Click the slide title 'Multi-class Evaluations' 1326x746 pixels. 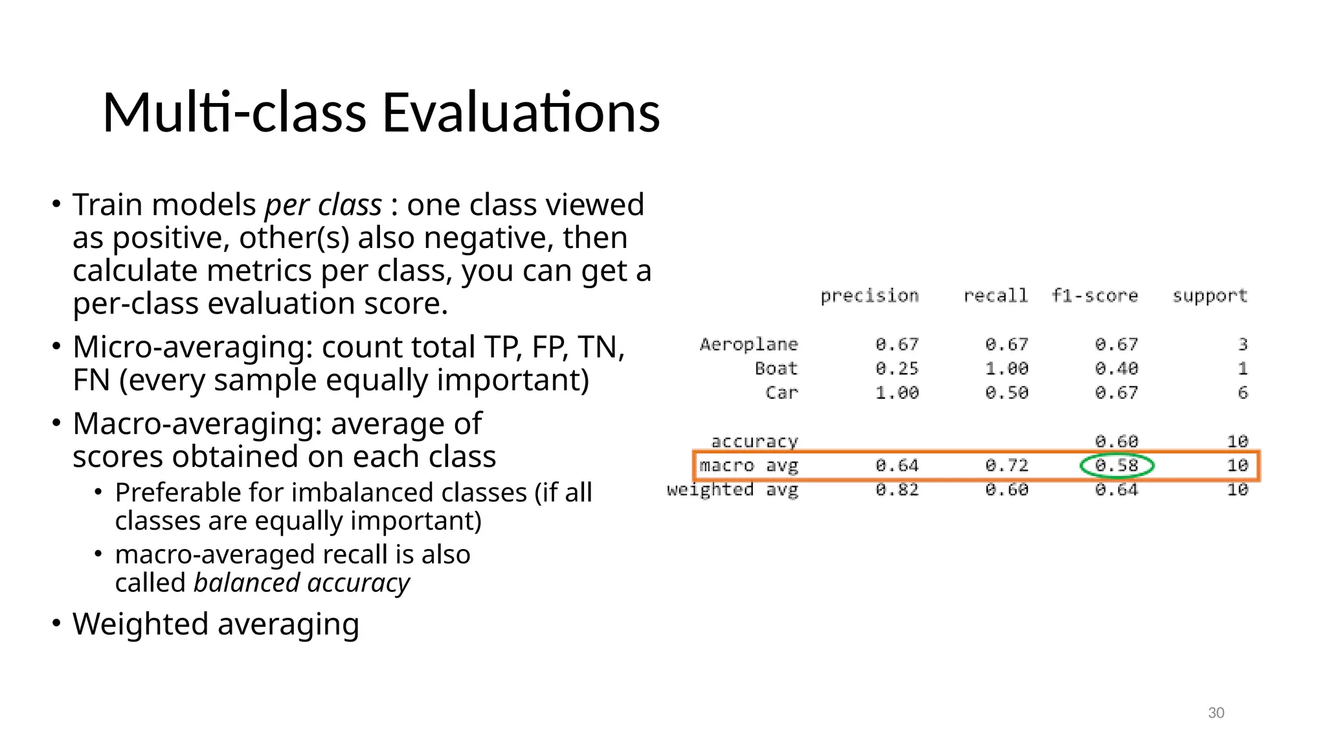(381, 113)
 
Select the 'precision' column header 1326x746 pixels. (869, 296)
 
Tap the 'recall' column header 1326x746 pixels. (995, 296)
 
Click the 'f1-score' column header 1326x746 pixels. (1094, 296)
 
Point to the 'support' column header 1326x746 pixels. (1209, 296)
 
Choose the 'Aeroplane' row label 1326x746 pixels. (748, 345)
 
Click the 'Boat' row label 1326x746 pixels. (776, 368)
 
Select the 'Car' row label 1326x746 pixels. (781, 392)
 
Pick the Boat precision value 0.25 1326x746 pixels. (897, 368)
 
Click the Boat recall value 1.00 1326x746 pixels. (1006, 368)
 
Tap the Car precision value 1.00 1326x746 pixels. (897, 392)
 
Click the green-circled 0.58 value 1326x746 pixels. (1116, 466)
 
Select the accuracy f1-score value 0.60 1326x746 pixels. (1116, 442)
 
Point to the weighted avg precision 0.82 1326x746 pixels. (897, 490)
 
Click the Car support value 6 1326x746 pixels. (1242, 392)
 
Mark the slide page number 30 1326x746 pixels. (1216, 713)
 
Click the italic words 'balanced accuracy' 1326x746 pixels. (301, 583)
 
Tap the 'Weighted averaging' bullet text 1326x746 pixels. (216, 624)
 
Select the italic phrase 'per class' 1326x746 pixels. (323, 205)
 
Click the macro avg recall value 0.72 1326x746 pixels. (1006, 466)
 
